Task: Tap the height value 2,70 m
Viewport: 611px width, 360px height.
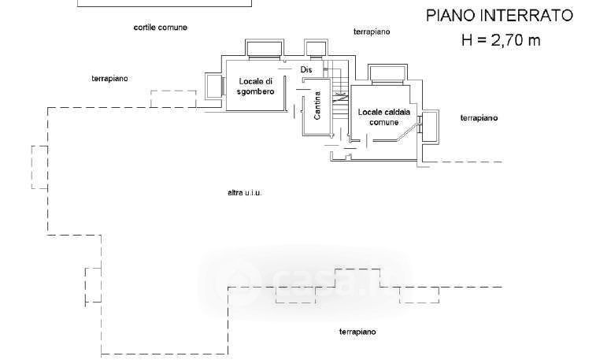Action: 512,40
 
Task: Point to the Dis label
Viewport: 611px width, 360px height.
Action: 307,69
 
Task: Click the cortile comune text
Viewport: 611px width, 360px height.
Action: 160,27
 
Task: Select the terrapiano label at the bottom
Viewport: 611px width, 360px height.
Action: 357,332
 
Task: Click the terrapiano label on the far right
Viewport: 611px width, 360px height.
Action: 479,118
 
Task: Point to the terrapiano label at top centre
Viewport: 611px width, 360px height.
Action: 372,32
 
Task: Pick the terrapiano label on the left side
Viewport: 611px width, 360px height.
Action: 110,78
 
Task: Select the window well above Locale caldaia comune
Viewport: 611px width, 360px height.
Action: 386,74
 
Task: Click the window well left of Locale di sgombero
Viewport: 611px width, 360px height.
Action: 213,86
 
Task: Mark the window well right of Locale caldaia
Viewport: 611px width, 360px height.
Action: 430,125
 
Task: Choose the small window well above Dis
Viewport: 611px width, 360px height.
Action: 316,49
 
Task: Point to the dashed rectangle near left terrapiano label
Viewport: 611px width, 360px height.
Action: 173,98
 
